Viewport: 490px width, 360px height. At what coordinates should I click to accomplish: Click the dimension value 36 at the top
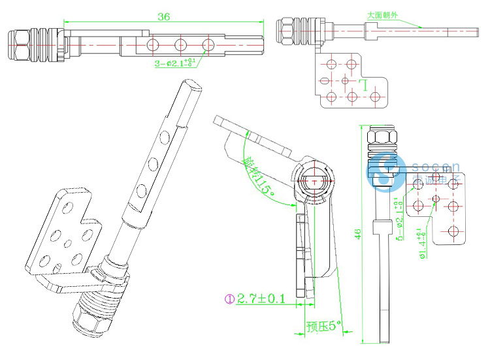[164, 17]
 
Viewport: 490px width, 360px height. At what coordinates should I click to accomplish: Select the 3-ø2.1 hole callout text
[174, 63]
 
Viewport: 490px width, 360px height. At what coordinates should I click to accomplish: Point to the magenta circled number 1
[229, 299]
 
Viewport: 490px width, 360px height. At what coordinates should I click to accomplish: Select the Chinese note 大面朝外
[383, 14]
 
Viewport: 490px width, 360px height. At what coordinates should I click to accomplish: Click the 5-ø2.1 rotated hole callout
[400, 218]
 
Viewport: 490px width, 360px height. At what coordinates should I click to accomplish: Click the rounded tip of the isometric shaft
[191, 84]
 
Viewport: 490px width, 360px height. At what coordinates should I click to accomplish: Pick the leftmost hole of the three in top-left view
[152, 45]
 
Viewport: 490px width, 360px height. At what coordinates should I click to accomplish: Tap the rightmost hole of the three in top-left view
[208, 45]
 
